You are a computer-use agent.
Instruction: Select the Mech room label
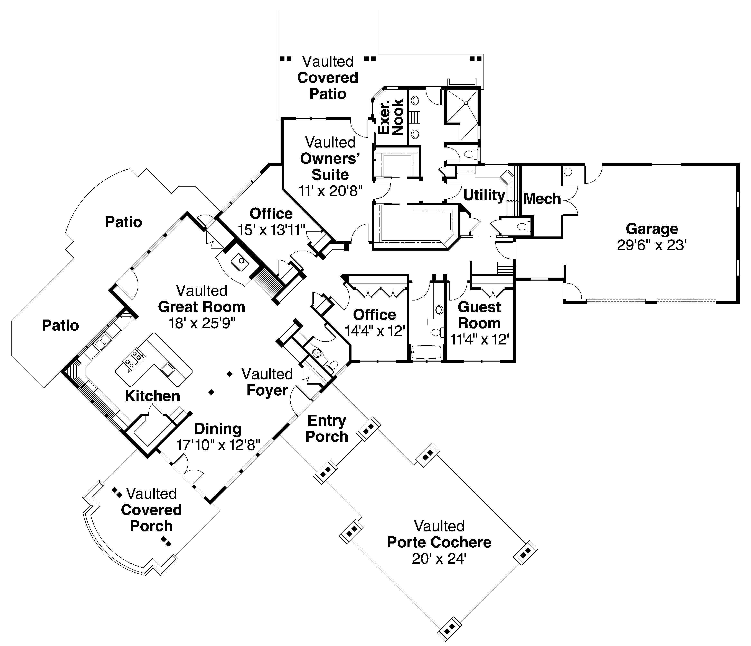click(542, 199)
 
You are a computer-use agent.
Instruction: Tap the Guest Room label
click(479, 315)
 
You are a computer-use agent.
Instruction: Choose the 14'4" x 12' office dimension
click(374, 331)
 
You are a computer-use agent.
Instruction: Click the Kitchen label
click(152, 396)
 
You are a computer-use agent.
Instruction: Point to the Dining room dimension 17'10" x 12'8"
click(218, 445)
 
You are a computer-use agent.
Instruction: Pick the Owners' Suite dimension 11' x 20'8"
click(330, 191)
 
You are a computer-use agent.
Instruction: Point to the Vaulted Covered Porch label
click(151, 510)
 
